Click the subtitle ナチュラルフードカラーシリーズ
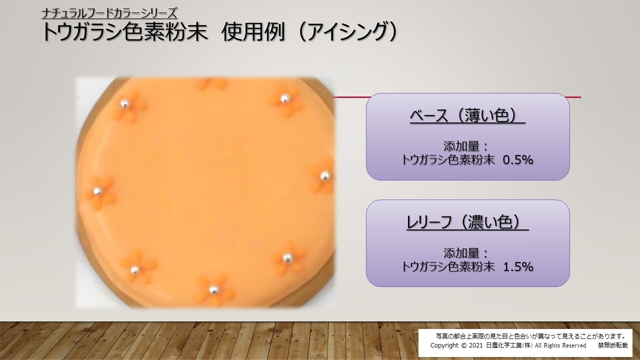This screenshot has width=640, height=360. [x=109, y=13]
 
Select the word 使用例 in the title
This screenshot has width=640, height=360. [x=253, y=31]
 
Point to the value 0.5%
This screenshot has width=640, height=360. [x=518, y=160]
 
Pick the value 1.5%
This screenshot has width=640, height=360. [x=518, y=266]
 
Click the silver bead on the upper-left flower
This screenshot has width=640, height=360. [x=124, y=103]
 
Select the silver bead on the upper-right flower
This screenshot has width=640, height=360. [x=284, y=98]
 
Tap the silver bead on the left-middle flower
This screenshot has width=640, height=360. [x=97, y=191]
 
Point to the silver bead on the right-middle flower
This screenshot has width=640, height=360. [x=325, y=175]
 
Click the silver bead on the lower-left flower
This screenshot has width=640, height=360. [x=134, y=269]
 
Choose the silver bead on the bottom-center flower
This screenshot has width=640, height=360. [x=213, y=289]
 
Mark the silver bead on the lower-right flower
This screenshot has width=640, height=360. [x=287, y=258]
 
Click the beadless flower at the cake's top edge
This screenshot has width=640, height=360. [x=212, y=83]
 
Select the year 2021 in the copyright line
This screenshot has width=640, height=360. [x=475, y=345]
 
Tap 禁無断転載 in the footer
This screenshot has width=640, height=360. [x=613, y=345]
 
